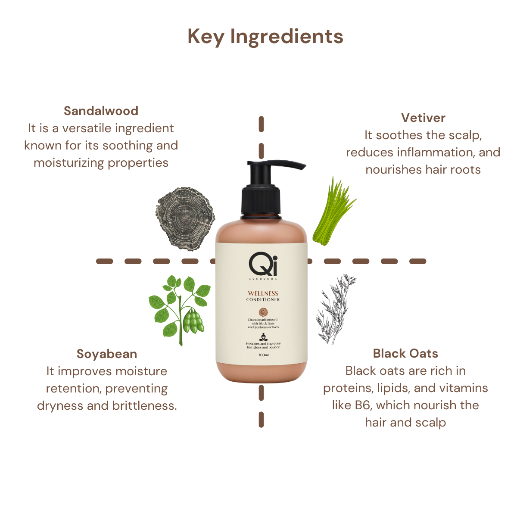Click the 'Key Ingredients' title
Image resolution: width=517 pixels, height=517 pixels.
pyautogui.click(x=265, y=37)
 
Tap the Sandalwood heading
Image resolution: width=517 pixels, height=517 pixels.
pyautogui.click(x=101, y=111)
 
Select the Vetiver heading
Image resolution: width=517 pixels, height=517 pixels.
pyautogui.click(x=423, y=118)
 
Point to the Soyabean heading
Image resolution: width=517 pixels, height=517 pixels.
pyautogui.click(x=107, y=354)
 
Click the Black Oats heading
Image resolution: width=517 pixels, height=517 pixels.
pyautogui.click(x=405, y=353)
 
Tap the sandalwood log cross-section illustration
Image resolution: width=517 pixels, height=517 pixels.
pyautogui.click(x=185, y=219)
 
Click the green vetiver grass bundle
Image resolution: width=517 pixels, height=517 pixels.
pyautogui.click(x=334, y=211)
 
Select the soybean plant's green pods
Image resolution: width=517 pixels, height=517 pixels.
pyautogui.click(x=193, y=321)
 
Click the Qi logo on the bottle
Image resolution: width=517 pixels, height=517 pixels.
pyautogui.click(x=263, y=264)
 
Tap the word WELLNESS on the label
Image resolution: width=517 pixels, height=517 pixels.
pyautogui.click(x=263, y=293)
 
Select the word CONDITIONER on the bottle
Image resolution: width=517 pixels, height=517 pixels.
pyautogui.click(x=263, y=299)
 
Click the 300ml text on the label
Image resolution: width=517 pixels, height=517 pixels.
pyautogui.click(x=263, y=355)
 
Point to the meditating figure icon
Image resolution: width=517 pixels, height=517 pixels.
pyautogui.click(x=263, y=337)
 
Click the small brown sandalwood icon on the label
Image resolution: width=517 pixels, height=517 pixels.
pyautogui.click(x=264, y=312)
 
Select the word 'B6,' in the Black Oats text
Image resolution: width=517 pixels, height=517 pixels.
pyautogui.click(x=363, y=405)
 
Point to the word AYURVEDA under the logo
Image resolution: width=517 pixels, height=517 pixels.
pyautogui.click(x=263, y=279)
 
